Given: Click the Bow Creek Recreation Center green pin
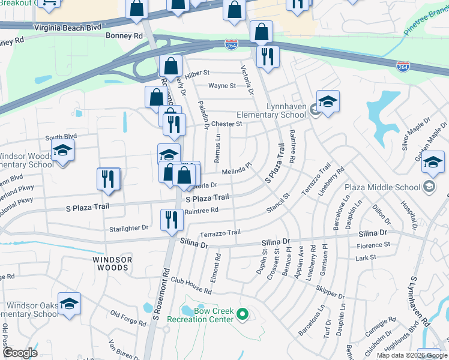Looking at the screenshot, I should (x=243, y=313).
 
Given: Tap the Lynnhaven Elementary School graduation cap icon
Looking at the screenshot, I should (x=328, y=102).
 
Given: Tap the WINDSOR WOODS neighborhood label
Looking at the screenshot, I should (x=112, y=260).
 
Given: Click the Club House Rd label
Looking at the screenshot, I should (x=191, y=286).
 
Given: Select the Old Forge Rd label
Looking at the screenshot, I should (x=128, y=318).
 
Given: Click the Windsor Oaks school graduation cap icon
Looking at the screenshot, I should (x=69, y=304).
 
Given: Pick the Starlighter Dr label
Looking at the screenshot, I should (x=128, y=228).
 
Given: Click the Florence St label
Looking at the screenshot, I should (x=373, y=245).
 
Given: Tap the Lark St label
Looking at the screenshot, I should (x=365, y=257).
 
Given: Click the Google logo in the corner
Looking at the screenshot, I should (x=20, y=353).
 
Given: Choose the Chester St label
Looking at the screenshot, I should (x=226, y=124).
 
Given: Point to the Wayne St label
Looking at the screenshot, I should (x=222, y=86).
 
